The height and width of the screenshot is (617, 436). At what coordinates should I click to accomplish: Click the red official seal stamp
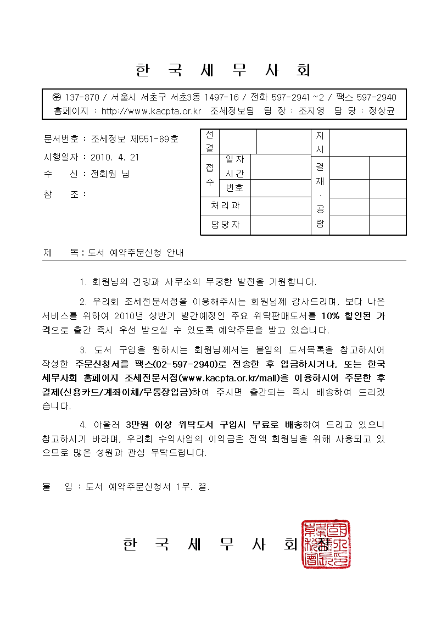(326, 544)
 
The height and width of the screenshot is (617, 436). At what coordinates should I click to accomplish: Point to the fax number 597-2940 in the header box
(377, 97)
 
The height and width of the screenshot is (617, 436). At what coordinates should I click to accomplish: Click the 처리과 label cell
(225, 206)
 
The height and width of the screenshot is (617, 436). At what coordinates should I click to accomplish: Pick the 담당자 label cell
(225, 224)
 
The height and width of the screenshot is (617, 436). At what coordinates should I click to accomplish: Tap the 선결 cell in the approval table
(210, 141)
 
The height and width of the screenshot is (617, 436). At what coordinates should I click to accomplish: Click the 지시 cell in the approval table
(320, 141)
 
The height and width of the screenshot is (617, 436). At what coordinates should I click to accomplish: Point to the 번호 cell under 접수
(234, 188)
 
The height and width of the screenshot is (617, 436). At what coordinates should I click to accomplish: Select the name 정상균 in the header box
(381, 110)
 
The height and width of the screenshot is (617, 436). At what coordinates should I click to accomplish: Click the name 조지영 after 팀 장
(312, 110)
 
